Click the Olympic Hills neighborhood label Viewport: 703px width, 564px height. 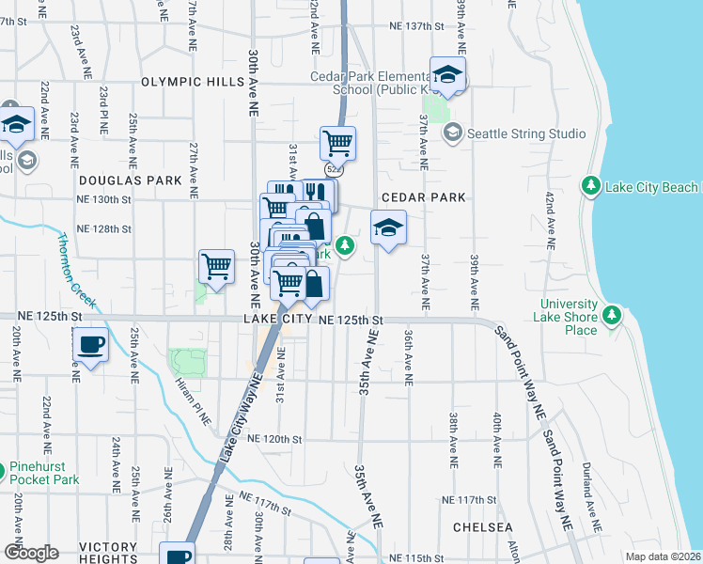click(192, 83)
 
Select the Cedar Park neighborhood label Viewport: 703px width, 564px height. click(424, 197)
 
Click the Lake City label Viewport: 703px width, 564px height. click(277, 320)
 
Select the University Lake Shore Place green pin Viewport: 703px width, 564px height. click(613, 313)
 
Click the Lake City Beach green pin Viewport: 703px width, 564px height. click(591, 187)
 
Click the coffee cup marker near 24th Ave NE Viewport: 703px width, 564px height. click(90, 345)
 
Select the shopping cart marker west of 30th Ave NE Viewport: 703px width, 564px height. click(216, 267)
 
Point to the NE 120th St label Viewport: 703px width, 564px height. click(274, 439)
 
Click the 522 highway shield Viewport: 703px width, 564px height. click(336, 169)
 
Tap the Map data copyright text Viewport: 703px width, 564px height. click(664, 556)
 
